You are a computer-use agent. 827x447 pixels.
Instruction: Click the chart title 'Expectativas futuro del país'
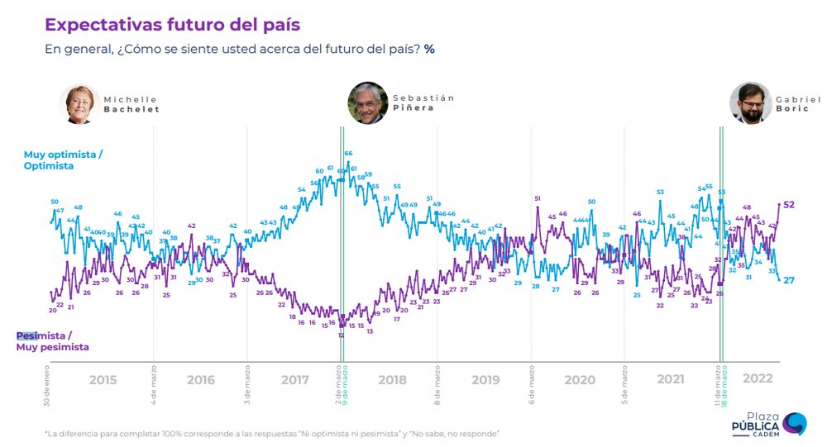tap(171, 24)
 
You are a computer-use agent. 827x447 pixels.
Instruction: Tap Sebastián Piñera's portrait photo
tap(368, 103)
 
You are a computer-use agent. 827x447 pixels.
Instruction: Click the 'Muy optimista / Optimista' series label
tap(63, 160)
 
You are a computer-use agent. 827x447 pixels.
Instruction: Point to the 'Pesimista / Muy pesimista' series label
tap(53, 342)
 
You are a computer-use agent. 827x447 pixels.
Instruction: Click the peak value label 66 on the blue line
tap(349, 154)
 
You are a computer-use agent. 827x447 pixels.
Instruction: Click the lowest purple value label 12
tap(341, 335)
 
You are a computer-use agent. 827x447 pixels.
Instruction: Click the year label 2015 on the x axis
tap(103, 380)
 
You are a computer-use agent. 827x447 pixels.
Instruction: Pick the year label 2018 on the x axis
tap(391, 380)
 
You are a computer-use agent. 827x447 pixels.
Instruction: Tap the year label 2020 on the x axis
tap(579, 380)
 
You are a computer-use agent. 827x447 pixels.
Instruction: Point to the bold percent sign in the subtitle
tap(429, 49)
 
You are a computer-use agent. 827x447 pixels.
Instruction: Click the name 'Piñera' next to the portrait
tap(413, 108)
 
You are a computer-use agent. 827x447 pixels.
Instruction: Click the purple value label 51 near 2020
tap(538, 198)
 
